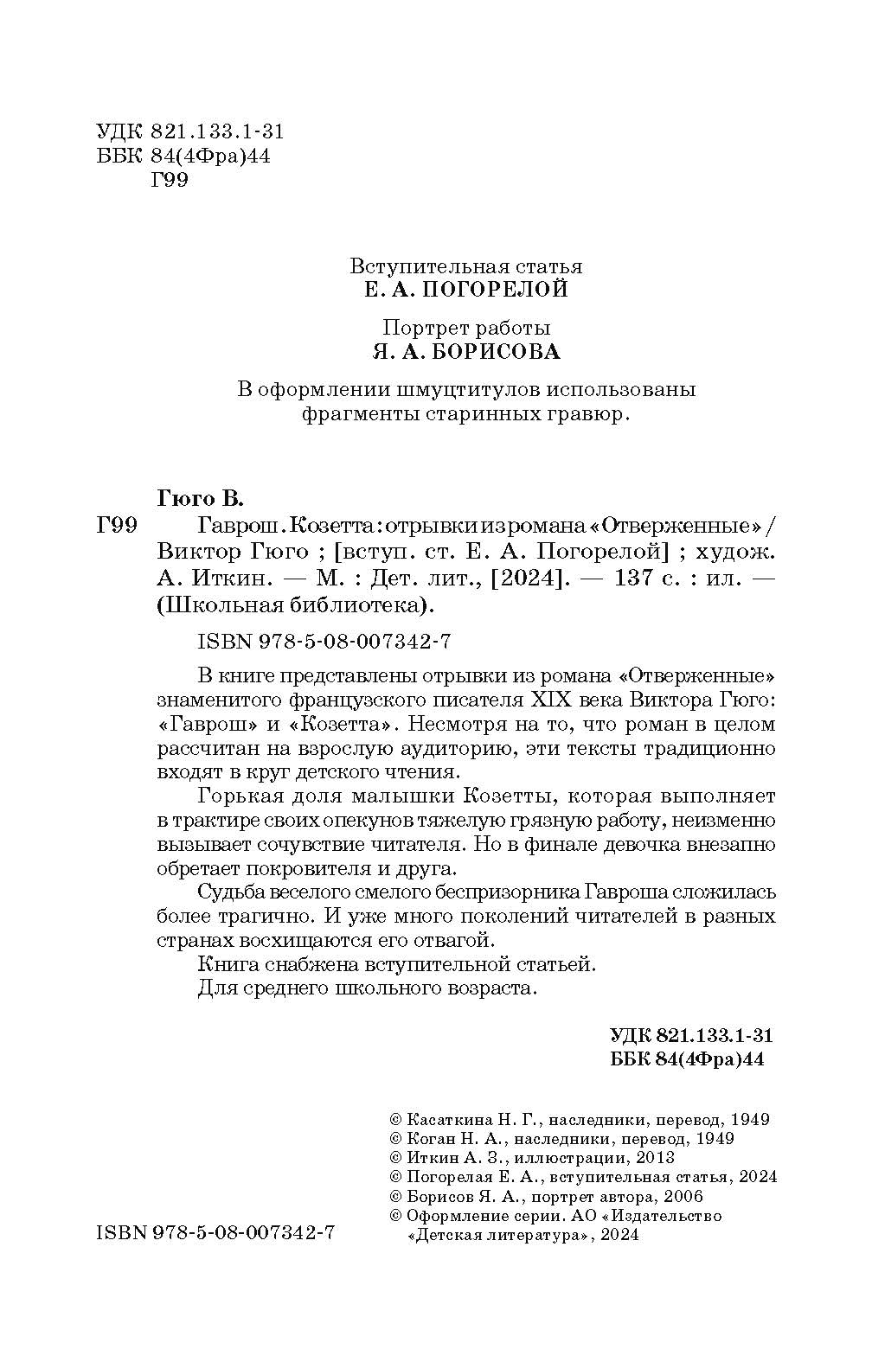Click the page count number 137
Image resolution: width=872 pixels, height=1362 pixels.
point(638,579)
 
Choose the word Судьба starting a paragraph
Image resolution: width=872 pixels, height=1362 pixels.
point(230,892)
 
